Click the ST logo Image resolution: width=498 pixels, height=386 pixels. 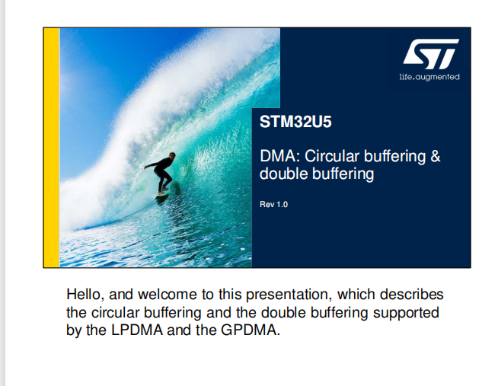tap(431, 54)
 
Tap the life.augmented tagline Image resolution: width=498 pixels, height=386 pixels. tap(429, 77)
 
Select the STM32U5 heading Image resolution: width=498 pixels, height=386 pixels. tap(295, 122)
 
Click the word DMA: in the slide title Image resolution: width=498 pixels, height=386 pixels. tap(279, 156)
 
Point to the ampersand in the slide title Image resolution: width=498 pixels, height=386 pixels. tap(436, 156)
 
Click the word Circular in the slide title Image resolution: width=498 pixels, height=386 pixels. tap(332, 156)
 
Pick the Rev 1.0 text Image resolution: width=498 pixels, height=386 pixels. tap(274, 205)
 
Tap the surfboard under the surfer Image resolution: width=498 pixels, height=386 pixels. tap(162, 195)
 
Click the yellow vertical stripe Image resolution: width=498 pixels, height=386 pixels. tap(52, 148)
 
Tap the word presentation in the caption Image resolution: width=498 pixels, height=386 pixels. tap(289, 295)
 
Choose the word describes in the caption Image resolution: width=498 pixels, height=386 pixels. tap(412, 295)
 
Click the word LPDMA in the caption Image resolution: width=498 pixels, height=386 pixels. tap(136, 330)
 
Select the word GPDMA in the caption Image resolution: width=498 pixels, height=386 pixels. tap(251, 330)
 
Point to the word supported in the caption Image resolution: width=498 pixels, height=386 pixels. tap(406, 313)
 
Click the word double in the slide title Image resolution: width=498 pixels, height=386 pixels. tap(283, 174)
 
